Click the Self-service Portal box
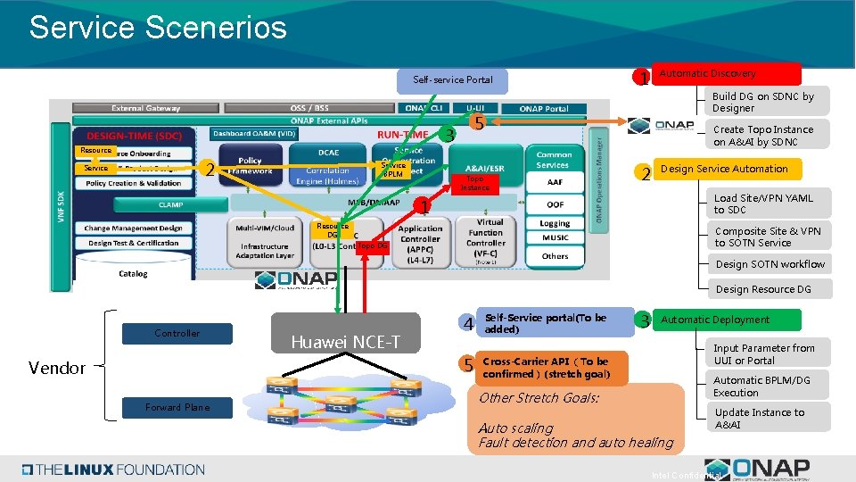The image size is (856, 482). click(x=452, y=80)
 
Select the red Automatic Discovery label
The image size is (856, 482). click(x=728, y=74)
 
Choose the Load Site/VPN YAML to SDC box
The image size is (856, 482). click(x=769, y=204)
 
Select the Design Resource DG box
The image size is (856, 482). click(x=769, y=289)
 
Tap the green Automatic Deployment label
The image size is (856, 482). click(x=728, y=320)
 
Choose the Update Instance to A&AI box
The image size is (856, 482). click(x=769, y=418)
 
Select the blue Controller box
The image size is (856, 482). click(x=177, y=333)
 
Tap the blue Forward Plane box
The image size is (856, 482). click(x=177, y=407)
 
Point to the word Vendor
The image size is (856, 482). click(x=57, y=368)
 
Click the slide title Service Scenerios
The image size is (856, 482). click(x=158, y=28)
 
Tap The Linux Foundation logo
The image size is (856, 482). click(x=114, y=470)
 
